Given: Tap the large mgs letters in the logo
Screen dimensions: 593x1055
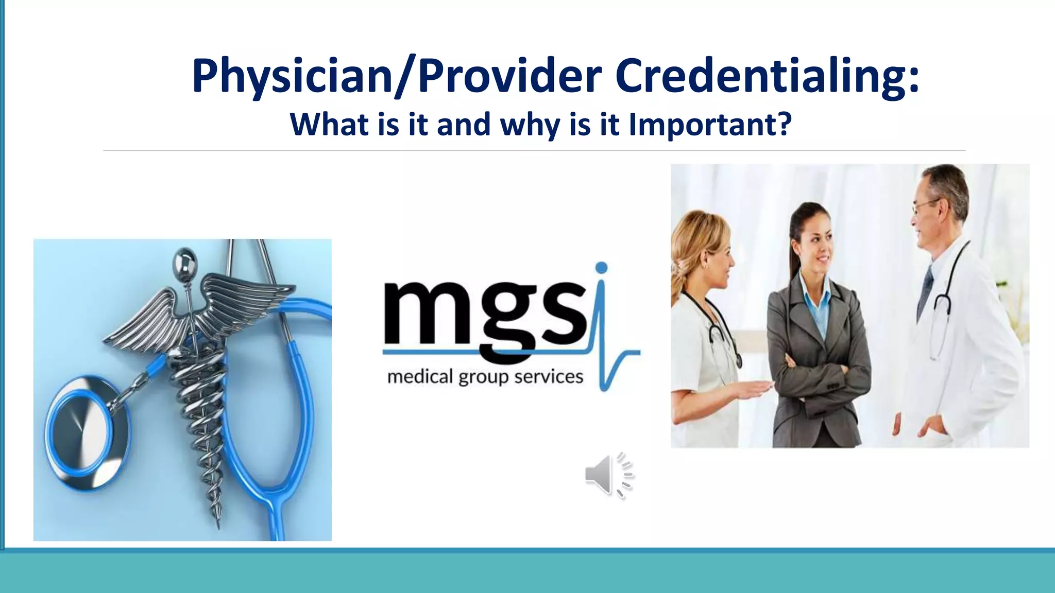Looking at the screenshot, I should pyautogui.click(x=484, y=314).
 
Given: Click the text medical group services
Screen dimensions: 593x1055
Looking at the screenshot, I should pyautogui.click(x=485, y=377).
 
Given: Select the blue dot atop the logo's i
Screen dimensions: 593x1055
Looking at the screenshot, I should pyautogui.click(x=601, y=268).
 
